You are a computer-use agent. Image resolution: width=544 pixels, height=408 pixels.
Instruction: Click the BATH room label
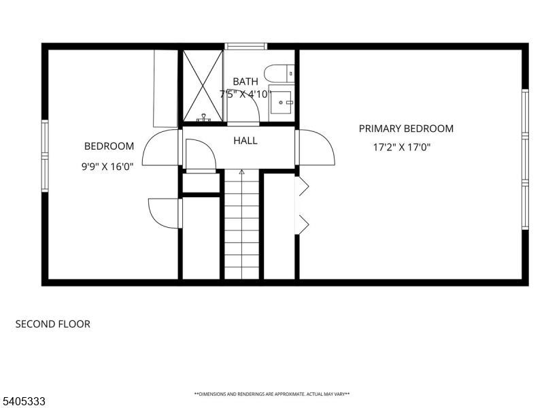[245, 82]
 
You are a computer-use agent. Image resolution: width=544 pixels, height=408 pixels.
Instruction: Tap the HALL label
[245, 141]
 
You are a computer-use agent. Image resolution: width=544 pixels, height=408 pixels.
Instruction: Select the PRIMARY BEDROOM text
[406, 129]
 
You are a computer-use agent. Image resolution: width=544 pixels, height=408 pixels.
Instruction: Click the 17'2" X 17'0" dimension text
[402, 147]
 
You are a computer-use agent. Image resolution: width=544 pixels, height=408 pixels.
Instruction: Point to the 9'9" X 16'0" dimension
[107, 165]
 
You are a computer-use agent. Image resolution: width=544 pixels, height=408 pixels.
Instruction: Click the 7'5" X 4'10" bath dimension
[245, 95]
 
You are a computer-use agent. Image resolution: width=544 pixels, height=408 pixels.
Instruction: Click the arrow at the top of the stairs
[241, 173]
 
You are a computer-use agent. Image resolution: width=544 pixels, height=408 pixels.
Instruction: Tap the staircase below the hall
[241, 224]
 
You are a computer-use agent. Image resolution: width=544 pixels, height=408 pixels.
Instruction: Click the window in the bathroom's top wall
[245, 47]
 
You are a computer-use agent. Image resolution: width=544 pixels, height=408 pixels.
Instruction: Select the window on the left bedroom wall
[45, 156]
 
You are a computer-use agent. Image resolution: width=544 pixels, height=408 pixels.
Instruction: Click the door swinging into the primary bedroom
[317, 147]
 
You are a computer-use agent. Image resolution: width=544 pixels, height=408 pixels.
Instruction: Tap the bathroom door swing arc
[243, 124]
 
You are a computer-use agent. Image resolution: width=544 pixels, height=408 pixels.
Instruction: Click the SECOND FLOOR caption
[52, 324]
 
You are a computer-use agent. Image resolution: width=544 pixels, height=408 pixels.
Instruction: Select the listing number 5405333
[24, 401]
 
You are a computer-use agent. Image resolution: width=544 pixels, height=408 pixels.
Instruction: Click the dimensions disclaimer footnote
[272, 394]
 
